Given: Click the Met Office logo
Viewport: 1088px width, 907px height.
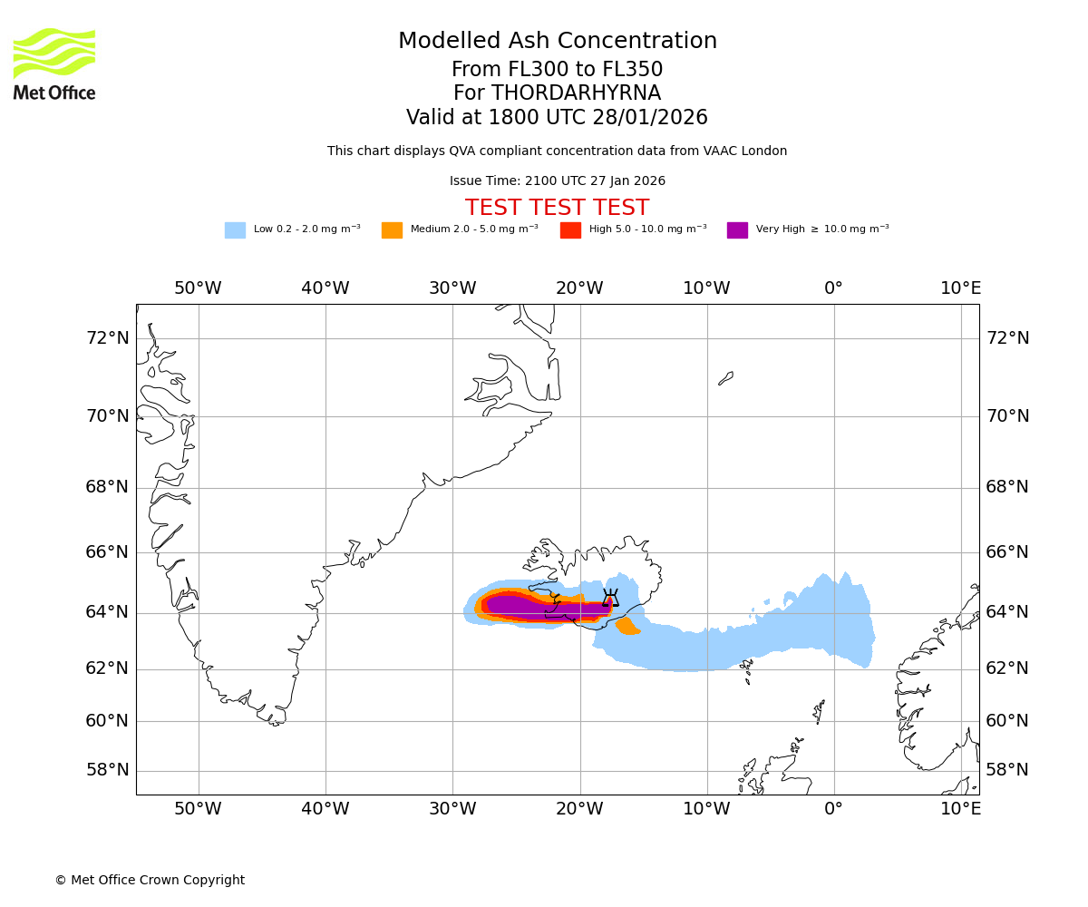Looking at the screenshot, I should [54, 63].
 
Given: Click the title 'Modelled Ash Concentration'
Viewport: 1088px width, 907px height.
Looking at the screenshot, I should [558, 41].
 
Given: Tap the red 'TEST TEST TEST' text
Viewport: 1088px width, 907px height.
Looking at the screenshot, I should [557, 208].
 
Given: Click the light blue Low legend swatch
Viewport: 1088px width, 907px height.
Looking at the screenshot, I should [235, 230].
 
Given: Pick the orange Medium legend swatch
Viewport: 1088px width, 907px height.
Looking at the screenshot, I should [392, 230].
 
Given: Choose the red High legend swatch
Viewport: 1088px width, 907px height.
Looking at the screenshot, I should [570, 230].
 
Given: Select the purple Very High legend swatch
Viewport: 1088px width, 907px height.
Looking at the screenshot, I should [737, 230].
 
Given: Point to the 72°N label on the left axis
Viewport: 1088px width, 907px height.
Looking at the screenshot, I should [107, 338].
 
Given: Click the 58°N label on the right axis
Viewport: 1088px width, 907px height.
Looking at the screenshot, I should [1007, 770].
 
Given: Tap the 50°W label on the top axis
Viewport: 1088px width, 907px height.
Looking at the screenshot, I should [198, 288].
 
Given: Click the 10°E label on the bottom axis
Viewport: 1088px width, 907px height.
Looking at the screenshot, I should [960, 809].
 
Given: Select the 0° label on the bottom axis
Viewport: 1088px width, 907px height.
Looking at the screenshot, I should [833, 809].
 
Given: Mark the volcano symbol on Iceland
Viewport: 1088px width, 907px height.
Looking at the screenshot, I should [610, 598].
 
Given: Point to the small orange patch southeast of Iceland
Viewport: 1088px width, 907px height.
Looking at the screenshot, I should [627, 627].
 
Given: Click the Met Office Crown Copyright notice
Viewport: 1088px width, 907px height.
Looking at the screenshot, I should [150, 880].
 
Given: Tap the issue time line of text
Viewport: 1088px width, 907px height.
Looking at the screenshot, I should [557, 181].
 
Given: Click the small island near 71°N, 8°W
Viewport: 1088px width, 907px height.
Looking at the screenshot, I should [725, 378].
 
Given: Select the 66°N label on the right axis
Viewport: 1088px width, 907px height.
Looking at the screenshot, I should [1007, 552].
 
